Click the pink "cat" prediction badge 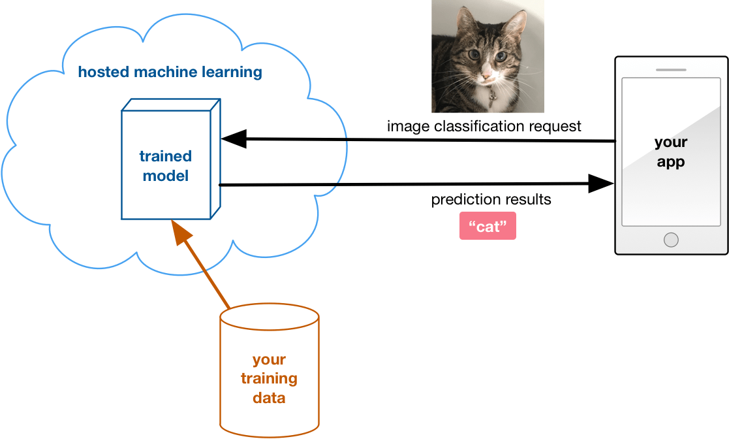(488, 226)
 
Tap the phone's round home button (671, 240)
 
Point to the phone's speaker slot (671, 70)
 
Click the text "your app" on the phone (671, 152)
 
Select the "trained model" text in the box (166, 166)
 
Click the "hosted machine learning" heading (170, 72)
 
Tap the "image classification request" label (484, 126)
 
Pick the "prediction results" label (491, 199)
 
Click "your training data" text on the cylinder (269, 378)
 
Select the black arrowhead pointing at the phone (600, 184)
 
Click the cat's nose (486, 73)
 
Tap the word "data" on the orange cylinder (269, 398)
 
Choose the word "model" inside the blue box (166, 176)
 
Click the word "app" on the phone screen (671, 163)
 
